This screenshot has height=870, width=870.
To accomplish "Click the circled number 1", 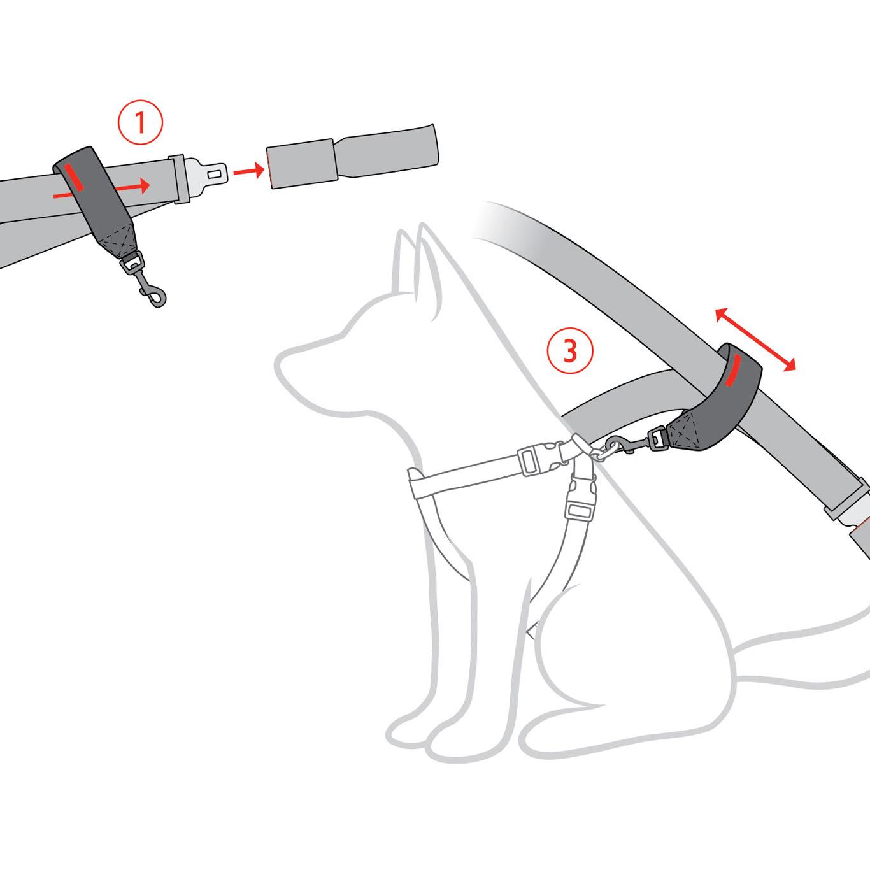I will (x=140, y=123).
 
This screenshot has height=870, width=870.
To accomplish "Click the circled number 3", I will (x=569, y=350).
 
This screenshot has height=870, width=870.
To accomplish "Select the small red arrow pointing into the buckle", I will (x=248, y=171).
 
